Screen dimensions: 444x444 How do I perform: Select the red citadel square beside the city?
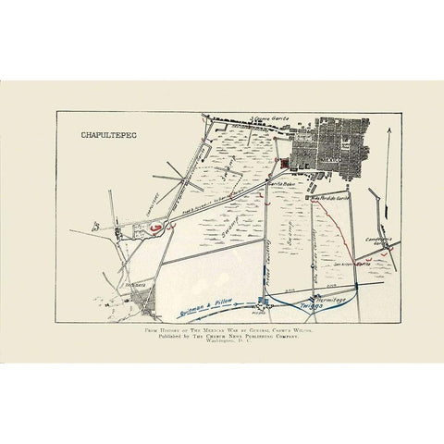tap(284, 164)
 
